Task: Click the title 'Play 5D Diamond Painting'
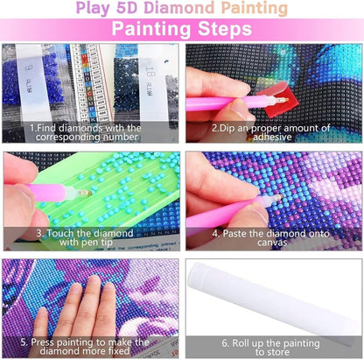coord(181,10)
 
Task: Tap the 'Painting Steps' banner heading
coord(181,30)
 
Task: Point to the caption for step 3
coord(91,238)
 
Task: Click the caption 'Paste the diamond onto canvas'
coord(274,238)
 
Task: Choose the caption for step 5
coord(91,347)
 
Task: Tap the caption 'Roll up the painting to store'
coord(274,347)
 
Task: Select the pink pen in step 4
coord(223,215)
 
